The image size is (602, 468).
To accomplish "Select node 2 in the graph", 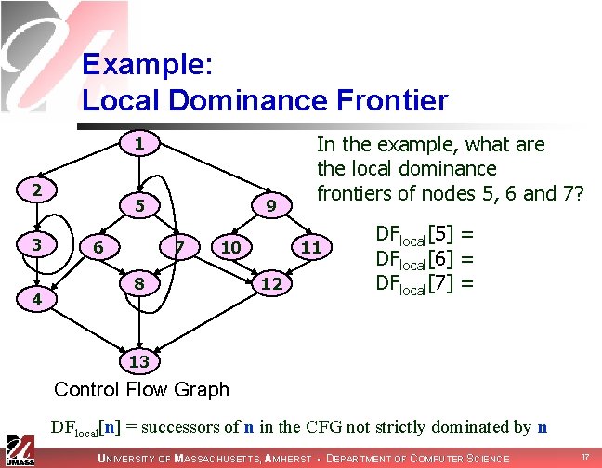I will pyautogui.click(x=35, y=188).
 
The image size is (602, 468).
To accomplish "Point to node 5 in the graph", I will pyautogui.click(x=138, y=205).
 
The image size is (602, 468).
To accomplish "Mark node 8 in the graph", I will pyautogui.click(x=138, y=281).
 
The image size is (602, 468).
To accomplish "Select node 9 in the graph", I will pyautogui.click(x=270, y=205).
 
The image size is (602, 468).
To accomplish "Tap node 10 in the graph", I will pyautogui.click(x=231, y=247).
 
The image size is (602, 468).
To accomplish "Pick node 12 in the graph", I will pyautogui.click(x=270, y=281).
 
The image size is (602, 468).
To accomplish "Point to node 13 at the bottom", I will pyautogui.click(x=138, y=359).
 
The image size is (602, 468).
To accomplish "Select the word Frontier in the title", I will pyautogui.click(x=383, y=99).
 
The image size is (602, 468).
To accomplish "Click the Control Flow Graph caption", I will pyautogui.click(x=141, y=389).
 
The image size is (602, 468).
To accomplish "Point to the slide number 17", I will pyautogui.click(x=584, y=458).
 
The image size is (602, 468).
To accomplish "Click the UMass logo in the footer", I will pyautogui.click(x=19, y=449).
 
